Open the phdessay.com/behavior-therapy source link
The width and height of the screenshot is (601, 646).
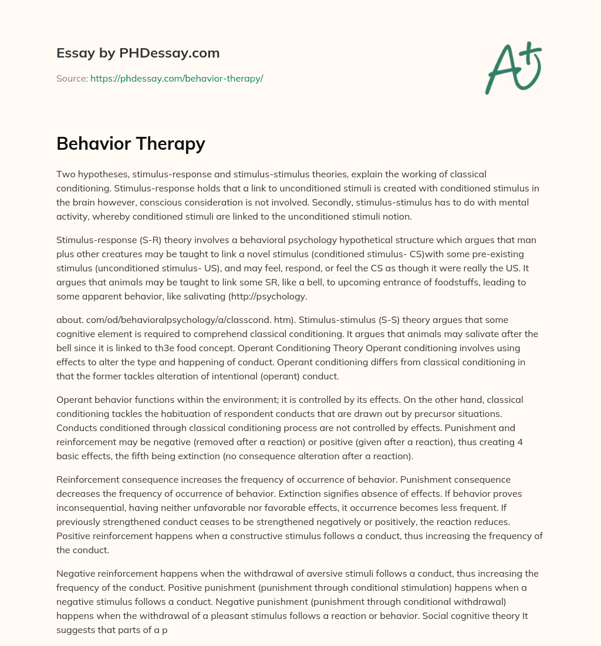click(177, 78)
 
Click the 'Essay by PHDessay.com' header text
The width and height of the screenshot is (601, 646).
click(138, 53)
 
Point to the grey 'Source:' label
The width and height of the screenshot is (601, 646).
click(72, 78)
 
